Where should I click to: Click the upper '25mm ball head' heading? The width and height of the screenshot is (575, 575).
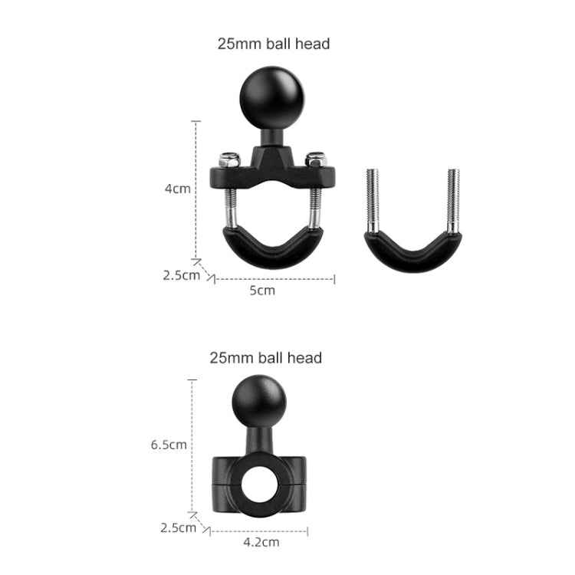[274, 44]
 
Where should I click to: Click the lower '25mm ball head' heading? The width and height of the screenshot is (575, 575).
[265, 357]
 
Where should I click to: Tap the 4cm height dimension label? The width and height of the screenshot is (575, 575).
[177, 189]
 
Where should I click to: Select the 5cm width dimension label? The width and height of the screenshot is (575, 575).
[263, 290]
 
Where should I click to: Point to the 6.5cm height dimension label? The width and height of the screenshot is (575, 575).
[169, 444]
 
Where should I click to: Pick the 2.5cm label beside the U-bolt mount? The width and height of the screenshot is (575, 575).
[181, 274]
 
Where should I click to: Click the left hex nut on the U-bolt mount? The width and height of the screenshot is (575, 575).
[228, 160]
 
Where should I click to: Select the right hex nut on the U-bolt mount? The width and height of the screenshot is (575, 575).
[316, 160]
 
